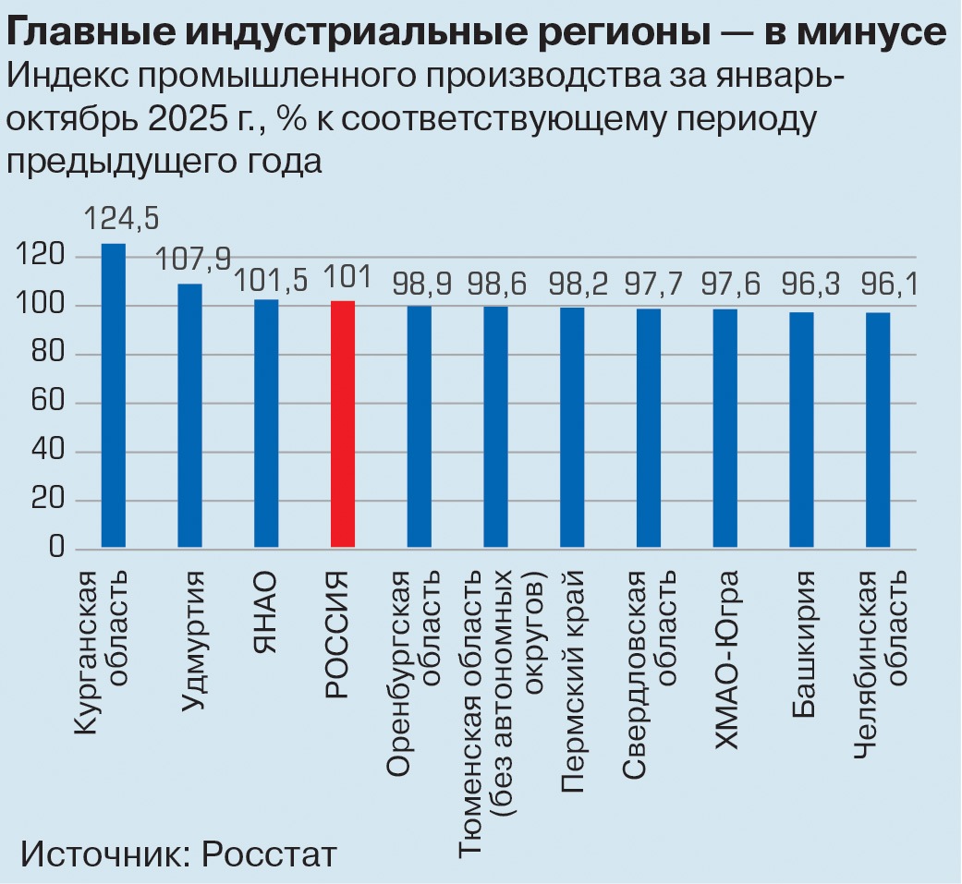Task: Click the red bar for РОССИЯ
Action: pos(342,424)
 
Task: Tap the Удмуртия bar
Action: pos(189,416)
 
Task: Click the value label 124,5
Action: pos(121,219)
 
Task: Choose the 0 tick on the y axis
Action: pos(57,550)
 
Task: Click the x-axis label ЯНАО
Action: pos(265,614)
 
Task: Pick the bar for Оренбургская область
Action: pos(419,428)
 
